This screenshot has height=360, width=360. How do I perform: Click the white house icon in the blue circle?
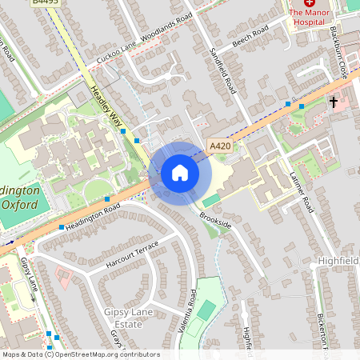click(x=180, y=172)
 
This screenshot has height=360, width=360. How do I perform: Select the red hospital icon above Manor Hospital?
click(x=309, y=3)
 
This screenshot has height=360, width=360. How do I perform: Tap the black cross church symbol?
click(x=334, y=102)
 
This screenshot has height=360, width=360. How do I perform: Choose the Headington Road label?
click(x=93, y=218)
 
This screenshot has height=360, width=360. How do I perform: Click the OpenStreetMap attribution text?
click(x=80, y=354)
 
